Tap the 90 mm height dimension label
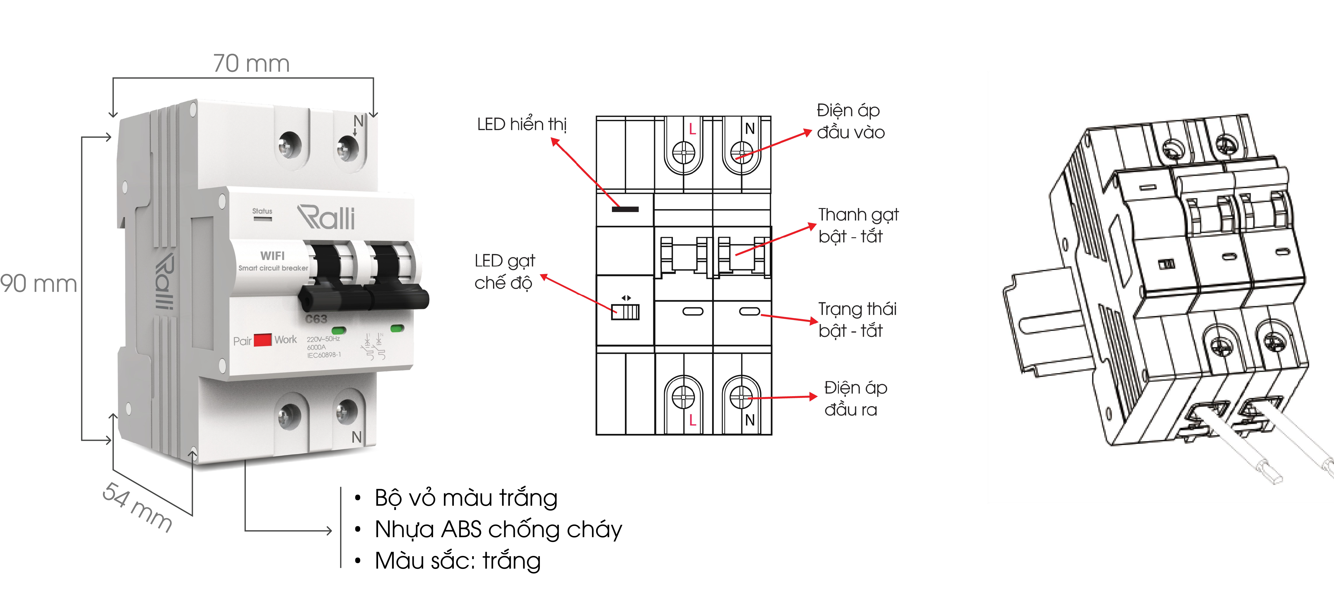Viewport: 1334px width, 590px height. coord(38,284)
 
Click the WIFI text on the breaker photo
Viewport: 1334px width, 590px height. coord(272,255)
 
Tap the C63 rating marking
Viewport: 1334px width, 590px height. coord(316,319)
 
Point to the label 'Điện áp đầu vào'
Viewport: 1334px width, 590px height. coord(850,121)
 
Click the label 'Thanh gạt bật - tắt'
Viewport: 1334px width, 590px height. coord(858,225)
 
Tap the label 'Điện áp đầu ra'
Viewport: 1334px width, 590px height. coord(855,398)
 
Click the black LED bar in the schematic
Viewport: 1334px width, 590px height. coord(625,209)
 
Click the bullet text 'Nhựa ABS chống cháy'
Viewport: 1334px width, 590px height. coord(498,529)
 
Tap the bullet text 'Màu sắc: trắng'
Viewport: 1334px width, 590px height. coord(458,561)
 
